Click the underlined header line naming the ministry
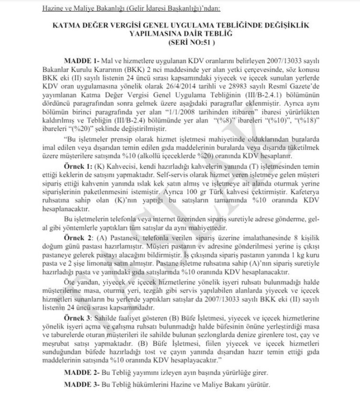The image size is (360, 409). pyautogui.click(x=131, y=9)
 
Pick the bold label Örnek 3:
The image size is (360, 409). pyautogui.click(x=79, y=316)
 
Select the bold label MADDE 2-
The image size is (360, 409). pyautogui.click(x=80, y=373)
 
